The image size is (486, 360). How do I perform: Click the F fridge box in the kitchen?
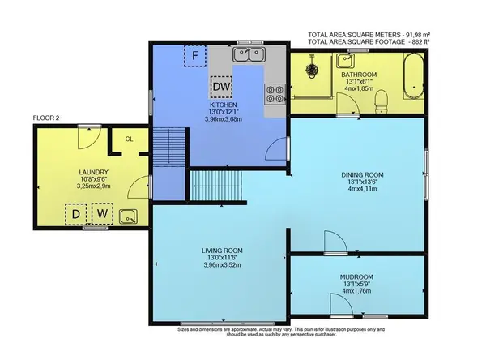click(194, 56)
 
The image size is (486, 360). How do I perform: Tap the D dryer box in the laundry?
click(77, 215)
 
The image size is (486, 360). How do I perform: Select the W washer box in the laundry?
click(102, 215)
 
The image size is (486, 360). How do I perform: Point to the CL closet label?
click(129, 139)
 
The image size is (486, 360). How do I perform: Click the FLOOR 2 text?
click(47, 118)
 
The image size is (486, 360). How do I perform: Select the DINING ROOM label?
click(362, 175)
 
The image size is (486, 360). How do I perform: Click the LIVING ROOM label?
click(223, 251)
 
